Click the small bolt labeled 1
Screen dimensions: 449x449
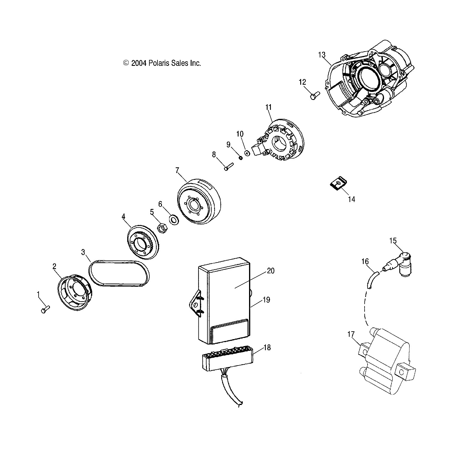click(x=45, y=309)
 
